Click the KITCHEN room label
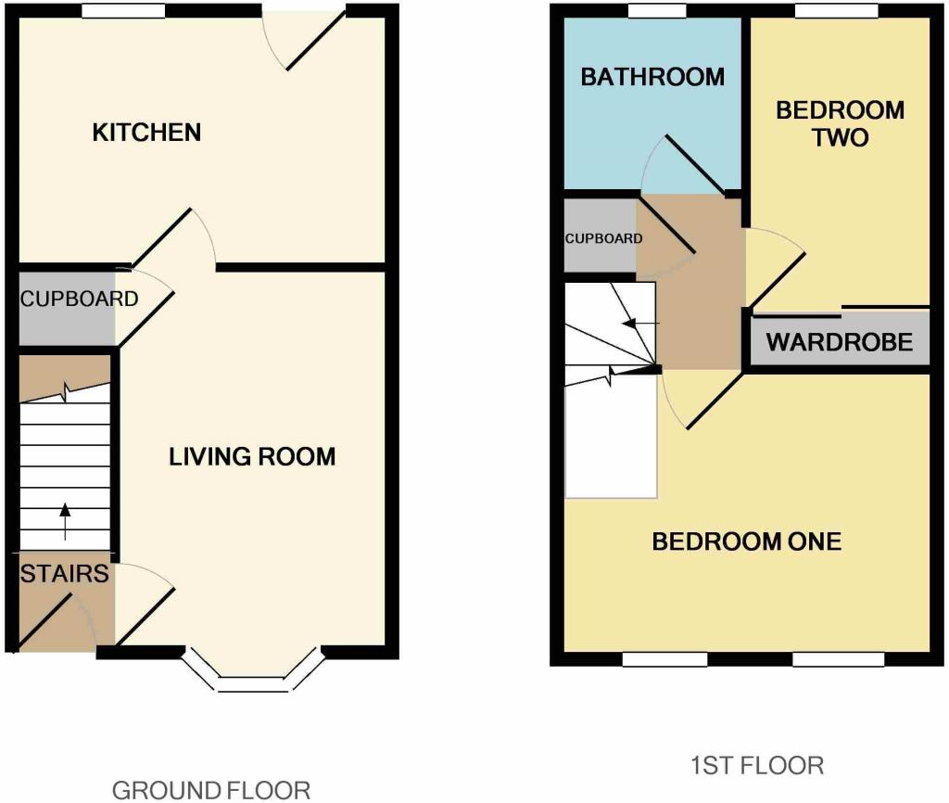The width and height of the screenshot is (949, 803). pyautogui.click(x=146, y=132)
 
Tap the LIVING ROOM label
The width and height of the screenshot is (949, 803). pyautogui.click(x=252, y=456)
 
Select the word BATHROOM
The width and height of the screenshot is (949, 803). pyautogui.click(x=652, y=77)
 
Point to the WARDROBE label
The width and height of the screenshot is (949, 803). pyautogui.click(x=839, y=342)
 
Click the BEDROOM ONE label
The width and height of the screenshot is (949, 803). pyautogui.click(x=746, y=542)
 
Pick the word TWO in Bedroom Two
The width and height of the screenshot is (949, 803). pyautogui.click(x=840, y=137)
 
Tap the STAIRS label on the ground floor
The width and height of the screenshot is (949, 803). pyautogui.click(x=64, y=573)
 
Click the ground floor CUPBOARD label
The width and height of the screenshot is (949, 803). pyautogui.click(x=80, y=299)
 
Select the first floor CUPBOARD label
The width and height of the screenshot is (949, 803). pyautogui.click(x=603, y=238)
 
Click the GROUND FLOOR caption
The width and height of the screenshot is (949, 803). pyautogui.click(x=210, y=790)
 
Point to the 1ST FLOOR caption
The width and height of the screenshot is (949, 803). pyautogui.click(x=756, y=766)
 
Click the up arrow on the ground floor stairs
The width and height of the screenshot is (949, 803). pyautogui.click(x=65, y=521)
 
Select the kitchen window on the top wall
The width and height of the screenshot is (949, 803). pyautogui.click(x=123, y=11)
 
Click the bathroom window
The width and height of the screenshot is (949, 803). pyautogui.click(x=657, y=11)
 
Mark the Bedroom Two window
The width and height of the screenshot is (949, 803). pyautogui.click(x=837, y=11)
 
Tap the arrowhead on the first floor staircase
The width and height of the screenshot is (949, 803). pyautogui.click(x=630, y=324)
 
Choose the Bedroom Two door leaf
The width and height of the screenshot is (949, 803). pyautogui.click(x=778, y=280)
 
